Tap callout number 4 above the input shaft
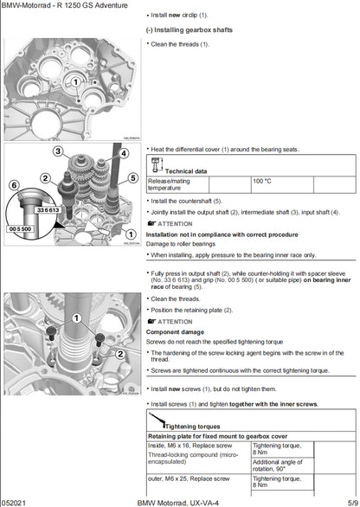pos(123,154)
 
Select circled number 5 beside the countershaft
pos(132,178)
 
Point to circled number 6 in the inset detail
pos(13,184)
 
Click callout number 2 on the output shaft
pos(45,178)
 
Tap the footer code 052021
pos(13,501)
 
